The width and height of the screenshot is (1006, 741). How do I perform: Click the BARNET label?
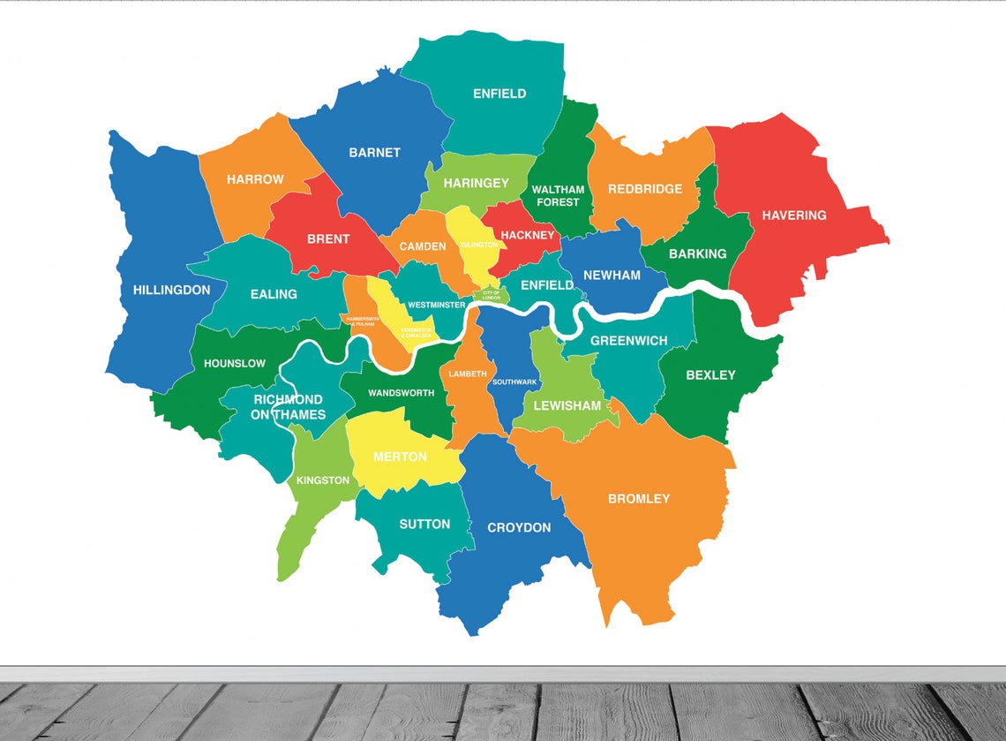click(x=374, y=153)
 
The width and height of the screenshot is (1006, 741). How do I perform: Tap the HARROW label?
click(x=255, y=179)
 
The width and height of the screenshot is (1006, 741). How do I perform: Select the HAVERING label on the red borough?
click(x=794, y=215)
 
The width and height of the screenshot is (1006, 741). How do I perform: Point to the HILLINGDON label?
click(x=172, y=290)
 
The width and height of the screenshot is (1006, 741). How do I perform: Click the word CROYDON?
click(x=519, y=527)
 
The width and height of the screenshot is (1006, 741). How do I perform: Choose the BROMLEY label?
click(x=639, y=498)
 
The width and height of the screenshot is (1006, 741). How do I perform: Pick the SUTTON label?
click(x=424, y=524)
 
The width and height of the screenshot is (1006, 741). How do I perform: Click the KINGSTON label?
click(x=323, y=480)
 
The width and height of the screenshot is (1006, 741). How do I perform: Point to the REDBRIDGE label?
click(x=645, y=189)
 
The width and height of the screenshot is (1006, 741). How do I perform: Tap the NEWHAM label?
click(x=612, y=275)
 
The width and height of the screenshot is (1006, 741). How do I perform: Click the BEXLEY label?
click(x=710, y=375)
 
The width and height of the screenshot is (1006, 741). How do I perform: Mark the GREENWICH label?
click(x=629, y=341)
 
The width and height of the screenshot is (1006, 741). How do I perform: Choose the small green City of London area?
click(x=491, y=295)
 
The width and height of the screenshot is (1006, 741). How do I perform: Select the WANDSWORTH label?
click(x=401, y=392)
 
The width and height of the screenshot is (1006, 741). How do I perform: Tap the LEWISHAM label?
click(x=567, y=406)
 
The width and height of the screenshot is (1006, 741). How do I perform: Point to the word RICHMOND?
click(x=288, y=400)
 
